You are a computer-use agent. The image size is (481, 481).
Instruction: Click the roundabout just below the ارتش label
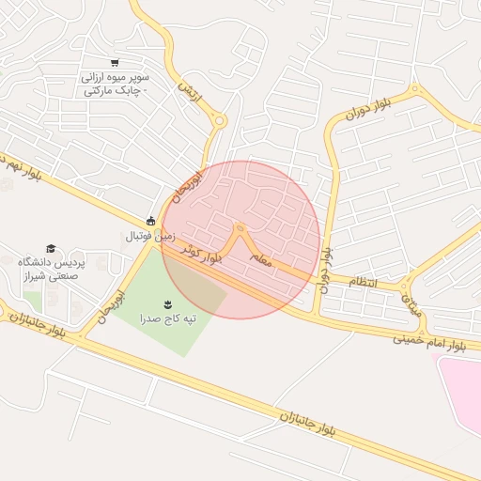(x=219, y=120)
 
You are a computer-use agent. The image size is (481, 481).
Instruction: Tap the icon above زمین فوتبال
(x=150, y=222)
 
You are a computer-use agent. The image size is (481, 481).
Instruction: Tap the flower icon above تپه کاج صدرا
(x=168, y=303)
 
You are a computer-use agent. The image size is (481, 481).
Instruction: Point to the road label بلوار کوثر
(x=204, y=254)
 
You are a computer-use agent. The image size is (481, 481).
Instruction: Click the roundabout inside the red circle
(x=240, y=228)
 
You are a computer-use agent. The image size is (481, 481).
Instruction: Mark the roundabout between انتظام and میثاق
(x=404, y=285)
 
